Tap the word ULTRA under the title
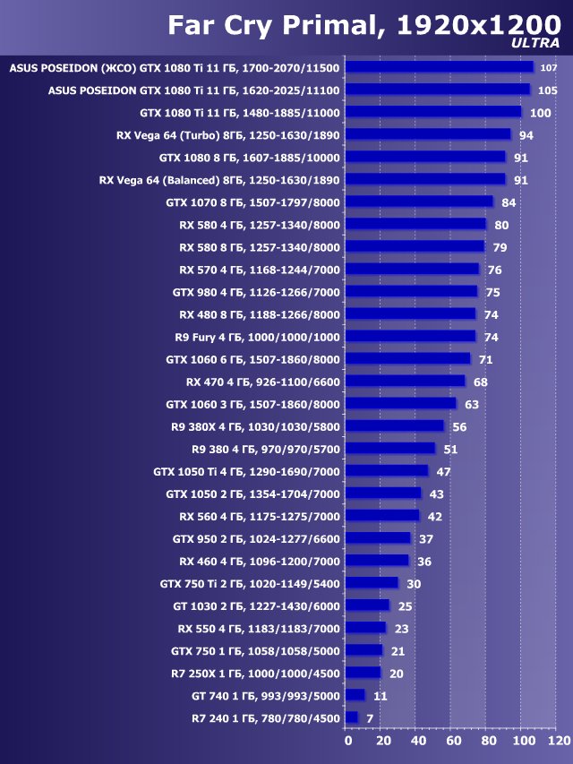click(535, 43)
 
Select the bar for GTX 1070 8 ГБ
click(418, 202)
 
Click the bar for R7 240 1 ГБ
click(351, 717)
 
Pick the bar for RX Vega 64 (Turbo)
click(427, 134)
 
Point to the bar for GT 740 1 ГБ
click(355, 695)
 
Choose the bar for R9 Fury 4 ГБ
click(410, 336)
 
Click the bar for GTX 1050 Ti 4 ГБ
click(387, 470)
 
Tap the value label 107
click(549, 68)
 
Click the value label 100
click(541, 113)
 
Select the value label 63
click(471, 404)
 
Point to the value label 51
click(449, 449)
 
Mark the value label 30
click(413, 583)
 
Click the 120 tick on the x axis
click(558, 742)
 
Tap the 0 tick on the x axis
click(348, 742)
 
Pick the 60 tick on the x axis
click(454, 742)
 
